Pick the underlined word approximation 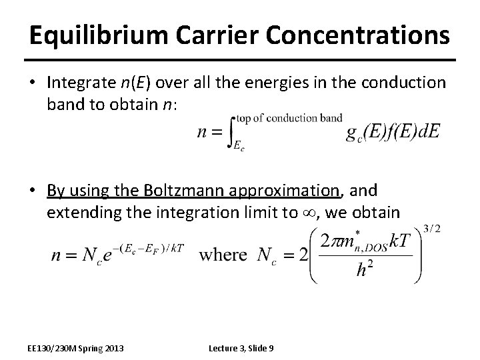pyautogui.click(x=285, y=191)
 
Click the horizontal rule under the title pyautogui.click(x=239, y=61)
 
